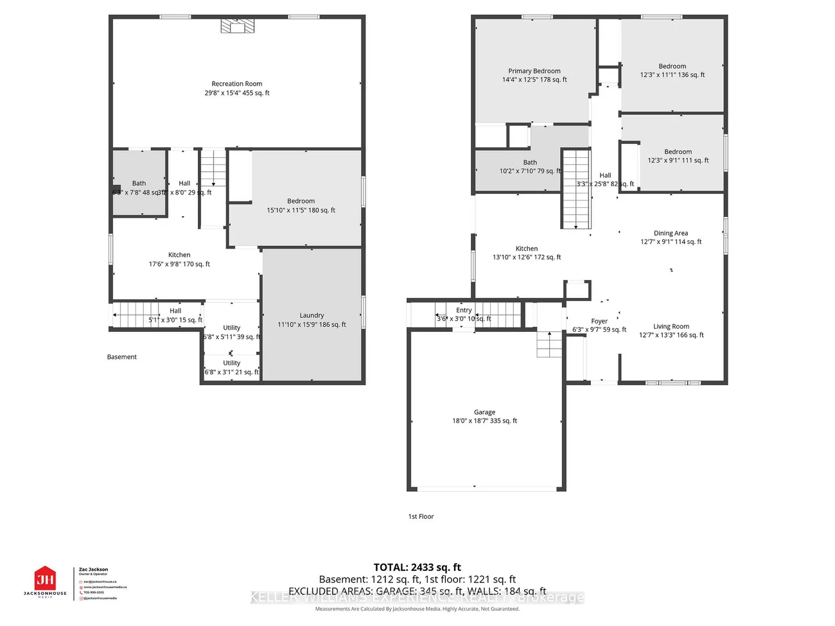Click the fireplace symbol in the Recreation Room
(x=237, y=26)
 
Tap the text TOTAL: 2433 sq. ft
(x=418, y=567)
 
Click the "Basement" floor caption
(x=122, y=357)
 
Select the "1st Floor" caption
(x=421, y=516)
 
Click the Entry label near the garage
(x=464, y=310)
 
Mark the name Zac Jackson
(x=93, y=569)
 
